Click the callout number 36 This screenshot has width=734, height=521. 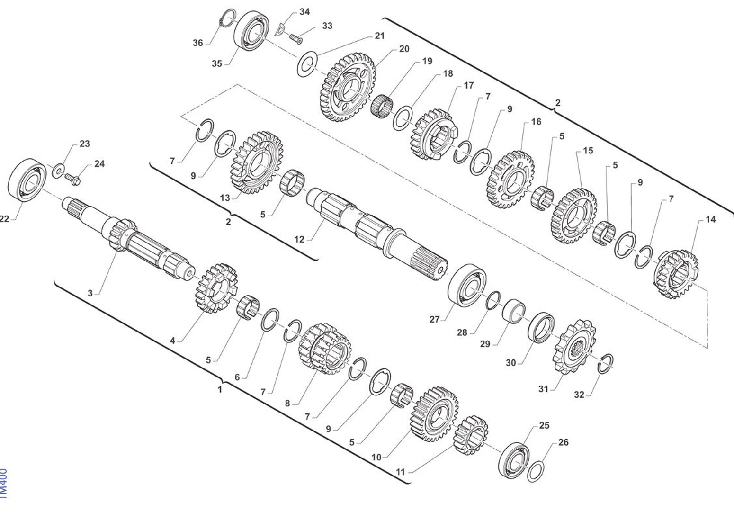click(x=197, y=43)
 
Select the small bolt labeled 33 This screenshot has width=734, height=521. click(x=296, y=39)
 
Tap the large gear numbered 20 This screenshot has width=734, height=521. click(x=348, y=87)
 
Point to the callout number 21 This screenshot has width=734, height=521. click(x=379, y=36)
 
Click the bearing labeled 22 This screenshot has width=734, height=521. click(x=27, y=180)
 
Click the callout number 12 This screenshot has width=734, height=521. click(x=299, y=240)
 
